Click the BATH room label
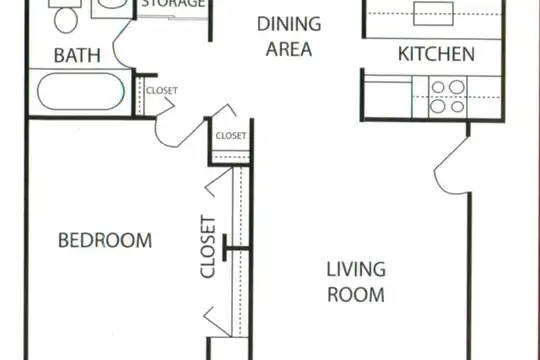[x=77, y=55]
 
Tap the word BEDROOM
[x=105, y=240]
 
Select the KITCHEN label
[x=436, y=54]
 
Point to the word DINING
[x=289, y=24]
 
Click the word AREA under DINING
[x=289, y=49]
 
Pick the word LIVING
[x=356, y=269]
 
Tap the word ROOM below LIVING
[x=356, y=295]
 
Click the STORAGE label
[x=173, y=4]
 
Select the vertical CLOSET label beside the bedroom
[x=208, y=246]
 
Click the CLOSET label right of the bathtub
[x=162, y=91]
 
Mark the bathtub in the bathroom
[x=81, y=91]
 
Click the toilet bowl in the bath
[x=66, y=20]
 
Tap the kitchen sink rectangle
[x=433, y=14]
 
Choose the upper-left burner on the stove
[x=438, y=88]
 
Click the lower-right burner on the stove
[x=457, y=107]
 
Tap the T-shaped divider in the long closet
[x=235, y=248]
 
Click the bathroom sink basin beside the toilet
[x=112, y=3]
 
